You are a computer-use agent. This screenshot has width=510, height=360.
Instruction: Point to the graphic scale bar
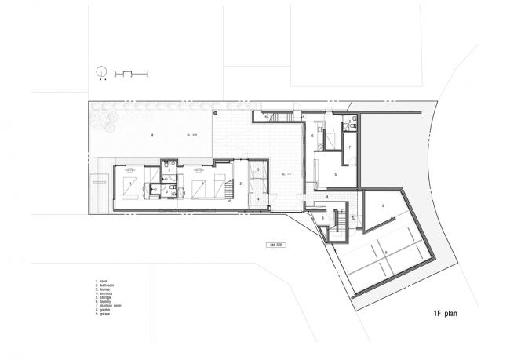pos(132,73)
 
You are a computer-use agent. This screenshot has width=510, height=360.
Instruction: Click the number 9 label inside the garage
pos(385,252)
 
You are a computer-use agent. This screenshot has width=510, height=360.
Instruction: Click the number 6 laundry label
pos(312,136)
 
